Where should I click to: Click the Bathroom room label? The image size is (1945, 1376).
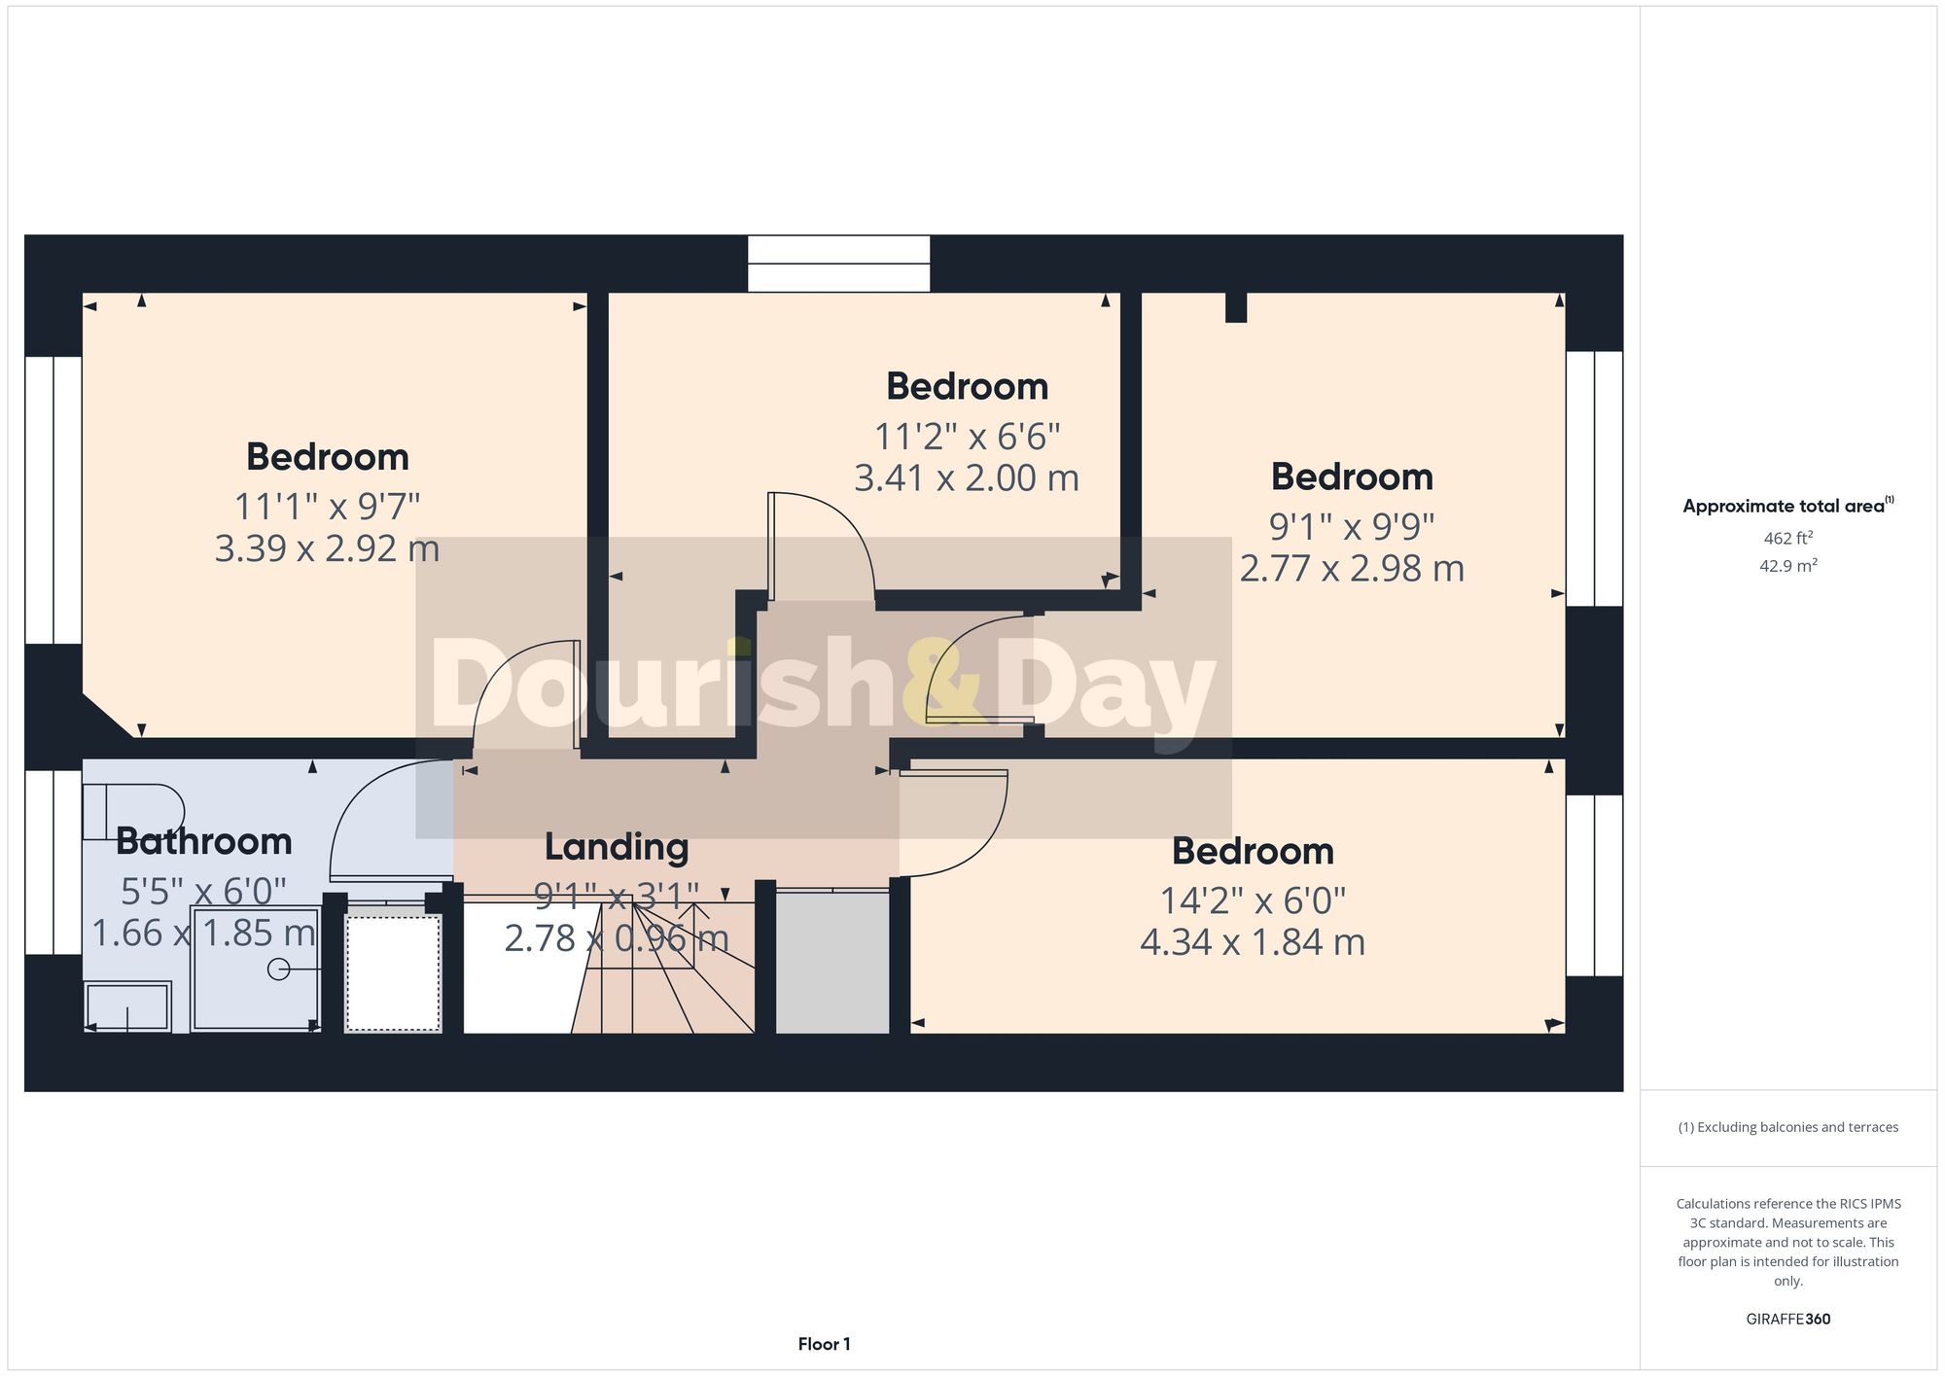point(203,842)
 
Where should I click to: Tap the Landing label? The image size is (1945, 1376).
point(617,847)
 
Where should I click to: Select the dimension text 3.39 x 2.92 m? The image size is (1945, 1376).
point(327,549)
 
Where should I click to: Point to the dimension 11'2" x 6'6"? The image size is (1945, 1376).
point(967,437)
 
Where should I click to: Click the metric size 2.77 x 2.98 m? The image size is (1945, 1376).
point(1352,569)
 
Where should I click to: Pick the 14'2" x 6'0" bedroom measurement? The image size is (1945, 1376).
point(1253,901)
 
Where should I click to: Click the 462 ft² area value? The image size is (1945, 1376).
point(1787,538)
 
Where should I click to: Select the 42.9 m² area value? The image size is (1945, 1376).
point(1787,566)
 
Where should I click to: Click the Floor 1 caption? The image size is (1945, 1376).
point(824,1344)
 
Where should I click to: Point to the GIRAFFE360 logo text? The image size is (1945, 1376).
point(1787,1320)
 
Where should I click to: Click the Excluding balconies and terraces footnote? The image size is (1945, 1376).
point(1787,1128)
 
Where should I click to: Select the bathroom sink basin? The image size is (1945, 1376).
point(128,1006)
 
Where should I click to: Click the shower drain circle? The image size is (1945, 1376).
point(278,970)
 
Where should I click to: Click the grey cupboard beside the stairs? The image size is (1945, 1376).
point(832,962)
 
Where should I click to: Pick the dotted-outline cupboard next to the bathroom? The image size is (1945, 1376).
point(393,972)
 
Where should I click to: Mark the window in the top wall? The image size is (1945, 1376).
point(838,264)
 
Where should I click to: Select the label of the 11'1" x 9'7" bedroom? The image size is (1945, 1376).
point(327,457)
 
